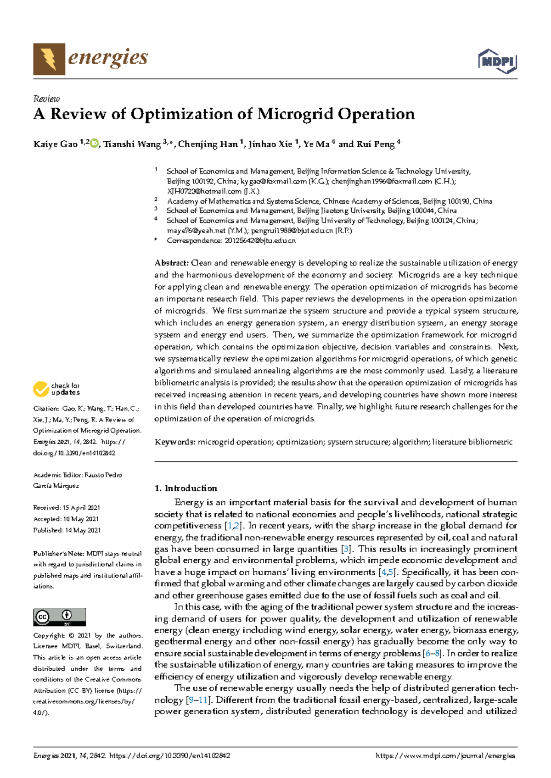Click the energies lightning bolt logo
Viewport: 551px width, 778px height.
[x=49, y=59]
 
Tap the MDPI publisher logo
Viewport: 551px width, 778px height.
[x=497, y=61]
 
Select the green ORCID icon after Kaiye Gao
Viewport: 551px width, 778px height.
[x=94, y=144]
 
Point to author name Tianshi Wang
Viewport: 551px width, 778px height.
[x=132, y=144]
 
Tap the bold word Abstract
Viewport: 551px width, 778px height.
[x=171, y=263]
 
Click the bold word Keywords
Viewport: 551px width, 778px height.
[x=175, y=442]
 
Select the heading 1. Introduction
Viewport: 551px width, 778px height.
[x=186, y=488]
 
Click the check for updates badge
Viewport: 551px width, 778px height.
[x=56, y=389]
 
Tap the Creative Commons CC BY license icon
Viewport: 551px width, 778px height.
[x=59, y=617]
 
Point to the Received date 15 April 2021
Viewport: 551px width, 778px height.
[x=81, y=508]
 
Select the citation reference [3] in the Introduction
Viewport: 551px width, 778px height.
[x=346, y=549]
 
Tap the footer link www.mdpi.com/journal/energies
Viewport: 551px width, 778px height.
[x=445, y=756]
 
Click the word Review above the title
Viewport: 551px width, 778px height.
[x=46, y=99]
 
